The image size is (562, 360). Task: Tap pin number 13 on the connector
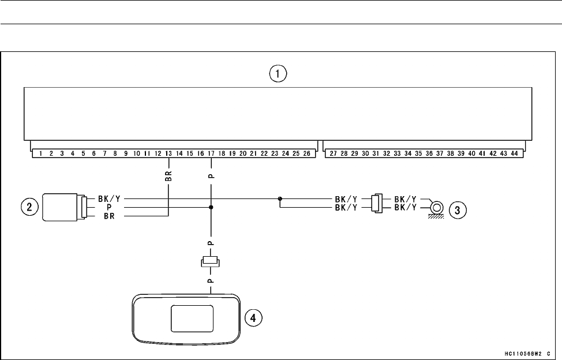click(168, 154)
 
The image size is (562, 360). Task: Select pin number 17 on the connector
click(211, 154)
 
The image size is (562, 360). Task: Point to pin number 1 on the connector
click(40, 154)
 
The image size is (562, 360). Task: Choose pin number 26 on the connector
click(307, 154)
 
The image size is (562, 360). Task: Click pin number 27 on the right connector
click(333, 154)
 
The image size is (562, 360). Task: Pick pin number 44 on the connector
click(514, 154)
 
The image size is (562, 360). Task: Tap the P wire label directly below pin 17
click(211, 172)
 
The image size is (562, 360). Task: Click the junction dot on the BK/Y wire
click(280, 198)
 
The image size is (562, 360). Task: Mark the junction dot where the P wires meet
click(211, 207)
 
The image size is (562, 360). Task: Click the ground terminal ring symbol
click(437, 207)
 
